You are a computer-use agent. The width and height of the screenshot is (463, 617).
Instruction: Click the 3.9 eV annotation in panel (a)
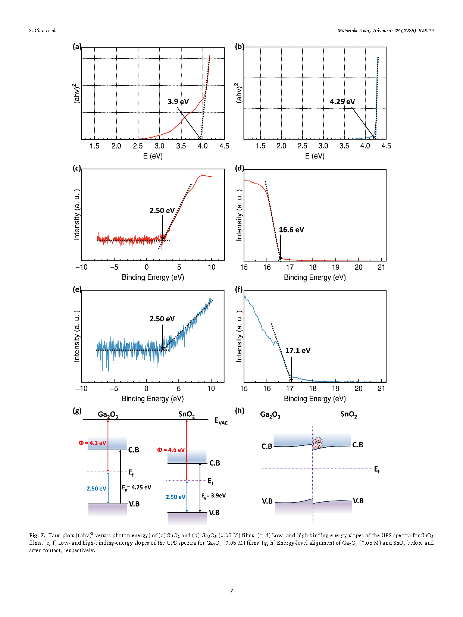178,101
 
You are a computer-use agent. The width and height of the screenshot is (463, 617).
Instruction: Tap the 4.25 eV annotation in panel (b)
342,101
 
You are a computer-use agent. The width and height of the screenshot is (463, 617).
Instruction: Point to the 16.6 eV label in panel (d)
291,230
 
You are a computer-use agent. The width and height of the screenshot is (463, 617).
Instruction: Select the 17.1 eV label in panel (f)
298,350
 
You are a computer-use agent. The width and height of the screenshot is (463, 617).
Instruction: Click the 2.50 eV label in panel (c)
162,210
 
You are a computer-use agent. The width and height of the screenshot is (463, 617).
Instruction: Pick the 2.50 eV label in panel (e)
162,319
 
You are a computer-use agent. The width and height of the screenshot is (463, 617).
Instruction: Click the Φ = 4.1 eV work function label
92,443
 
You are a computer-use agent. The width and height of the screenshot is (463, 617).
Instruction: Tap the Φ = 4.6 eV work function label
171,450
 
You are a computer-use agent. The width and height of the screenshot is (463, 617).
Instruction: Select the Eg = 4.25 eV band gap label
137,488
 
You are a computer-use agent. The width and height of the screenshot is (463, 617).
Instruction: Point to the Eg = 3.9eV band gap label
213,496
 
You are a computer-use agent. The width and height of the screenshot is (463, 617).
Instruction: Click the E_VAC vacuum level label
221,421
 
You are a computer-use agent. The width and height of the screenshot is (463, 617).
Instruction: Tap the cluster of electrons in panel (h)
317,443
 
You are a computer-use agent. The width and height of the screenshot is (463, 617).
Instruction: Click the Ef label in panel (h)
377,470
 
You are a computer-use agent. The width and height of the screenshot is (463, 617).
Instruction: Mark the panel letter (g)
77,411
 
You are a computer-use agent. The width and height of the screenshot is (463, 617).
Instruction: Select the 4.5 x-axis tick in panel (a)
224,146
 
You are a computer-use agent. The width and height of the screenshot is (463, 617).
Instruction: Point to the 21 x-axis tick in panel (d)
381,267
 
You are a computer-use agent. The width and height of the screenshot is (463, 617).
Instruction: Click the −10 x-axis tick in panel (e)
81,388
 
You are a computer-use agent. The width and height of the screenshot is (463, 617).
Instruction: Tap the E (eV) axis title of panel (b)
315,156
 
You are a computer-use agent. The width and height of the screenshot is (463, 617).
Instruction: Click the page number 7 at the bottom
232,591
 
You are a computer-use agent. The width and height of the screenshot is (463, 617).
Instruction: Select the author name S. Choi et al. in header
43,31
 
